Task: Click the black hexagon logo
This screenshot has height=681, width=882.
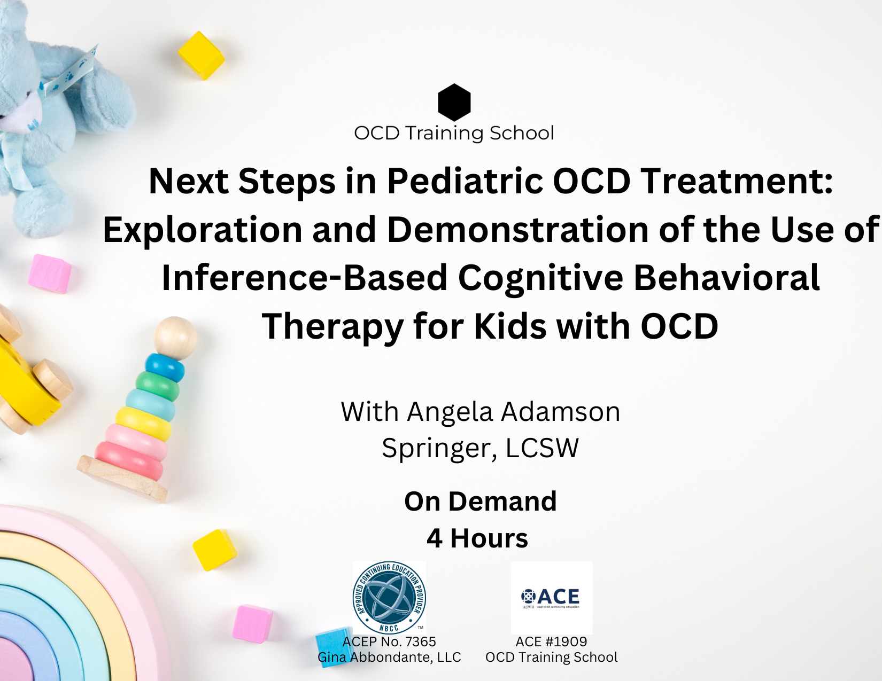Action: (454, 102)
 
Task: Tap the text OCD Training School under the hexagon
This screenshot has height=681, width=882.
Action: (454, 133)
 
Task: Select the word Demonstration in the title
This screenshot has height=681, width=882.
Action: (517, 230)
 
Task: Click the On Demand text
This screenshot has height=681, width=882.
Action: (480, 502)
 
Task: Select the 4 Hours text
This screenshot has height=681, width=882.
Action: (477, 538)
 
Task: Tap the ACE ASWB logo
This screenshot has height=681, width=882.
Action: (551, 598)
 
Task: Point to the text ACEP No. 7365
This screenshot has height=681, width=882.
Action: (389, 641)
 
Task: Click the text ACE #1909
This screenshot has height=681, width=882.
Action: (551, 641)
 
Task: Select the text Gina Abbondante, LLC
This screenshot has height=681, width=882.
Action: (389, 657)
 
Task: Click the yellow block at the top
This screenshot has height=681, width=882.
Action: (201, 55)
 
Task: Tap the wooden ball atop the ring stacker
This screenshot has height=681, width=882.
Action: (175, 337)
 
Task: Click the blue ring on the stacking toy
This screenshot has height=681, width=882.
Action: (165, 367)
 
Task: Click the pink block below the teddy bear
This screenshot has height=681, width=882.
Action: (50, 273)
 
